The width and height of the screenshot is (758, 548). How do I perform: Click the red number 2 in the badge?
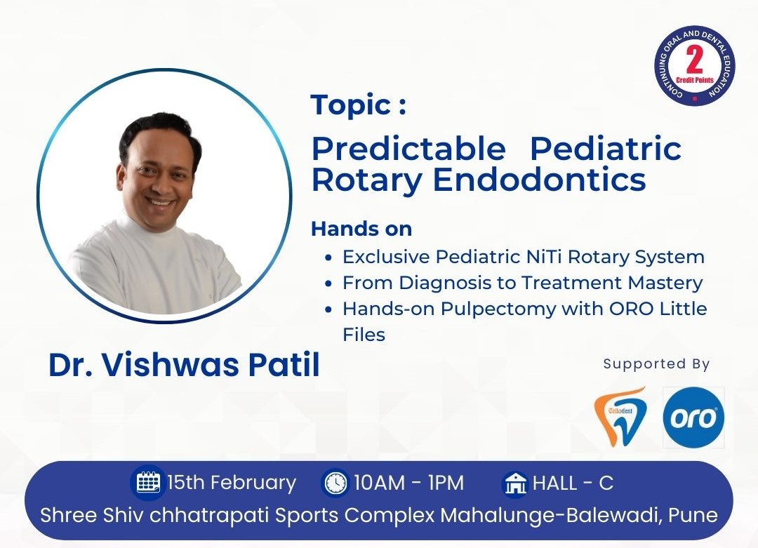tap(695, 60)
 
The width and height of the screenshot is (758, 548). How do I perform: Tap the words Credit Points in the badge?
tap(695, 80)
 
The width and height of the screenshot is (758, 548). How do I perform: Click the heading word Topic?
tap(351, 105)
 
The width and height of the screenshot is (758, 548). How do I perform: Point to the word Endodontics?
tap(539, 180)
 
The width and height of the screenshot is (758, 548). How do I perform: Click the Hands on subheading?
tap(361, 229)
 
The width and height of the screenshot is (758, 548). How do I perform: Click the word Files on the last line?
tap(364, 335)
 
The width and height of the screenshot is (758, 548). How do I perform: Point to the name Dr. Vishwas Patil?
tap(184, 365)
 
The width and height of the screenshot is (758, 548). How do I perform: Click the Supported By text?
tap(656, 364)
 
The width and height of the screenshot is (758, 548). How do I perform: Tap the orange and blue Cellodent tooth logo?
tap(620, 416)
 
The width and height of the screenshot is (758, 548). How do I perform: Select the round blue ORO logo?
tap(693, 417)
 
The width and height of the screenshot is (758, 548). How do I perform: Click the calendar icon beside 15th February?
tap(148, 482)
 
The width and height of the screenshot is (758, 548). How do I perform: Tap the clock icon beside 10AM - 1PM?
tap(335, 483)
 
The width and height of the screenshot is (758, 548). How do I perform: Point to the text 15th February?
tap(232, 483)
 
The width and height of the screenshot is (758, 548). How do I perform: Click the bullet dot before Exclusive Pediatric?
tap(328, 258)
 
